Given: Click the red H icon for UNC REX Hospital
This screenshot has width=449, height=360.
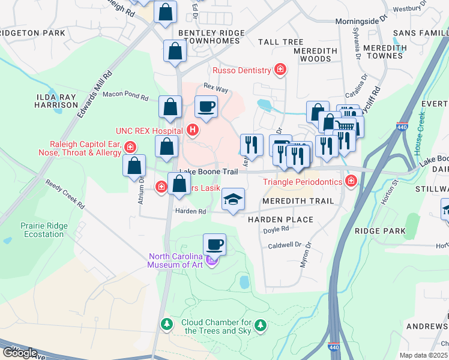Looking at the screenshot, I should click(193, 129).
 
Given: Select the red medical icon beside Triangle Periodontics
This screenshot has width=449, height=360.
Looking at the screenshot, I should click(352, 181).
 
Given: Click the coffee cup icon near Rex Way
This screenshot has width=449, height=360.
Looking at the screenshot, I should click(206, 107).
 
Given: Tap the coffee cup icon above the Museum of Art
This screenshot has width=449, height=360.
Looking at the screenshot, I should click(214, 244).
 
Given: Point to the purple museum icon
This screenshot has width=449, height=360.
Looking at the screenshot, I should click(211, 260).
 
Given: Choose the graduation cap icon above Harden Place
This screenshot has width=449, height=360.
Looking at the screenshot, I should click(232, 199).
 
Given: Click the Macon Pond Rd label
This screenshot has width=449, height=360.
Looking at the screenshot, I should click(125, 95).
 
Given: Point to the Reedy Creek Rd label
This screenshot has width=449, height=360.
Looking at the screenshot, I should click(65, 194).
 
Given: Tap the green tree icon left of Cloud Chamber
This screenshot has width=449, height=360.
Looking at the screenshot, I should click(166, 325).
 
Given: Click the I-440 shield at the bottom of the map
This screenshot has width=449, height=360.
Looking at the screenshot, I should click(334, 347).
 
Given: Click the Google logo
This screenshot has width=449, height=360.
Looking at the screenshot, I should click(19, 353).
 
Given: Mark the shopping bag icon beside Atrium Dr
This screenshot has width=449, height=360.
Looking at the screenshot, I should click(134, 166).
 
